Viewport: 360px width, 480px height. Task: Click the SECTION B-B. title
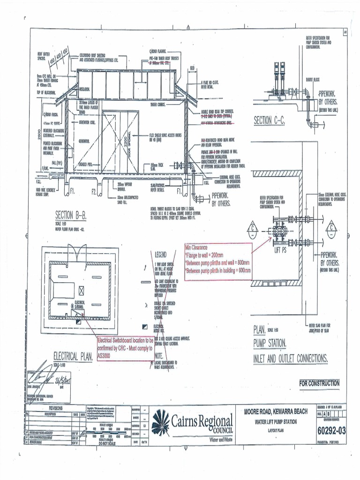(71, 215)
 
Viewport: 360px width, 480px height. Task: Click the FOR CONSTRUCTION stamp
(319, 383)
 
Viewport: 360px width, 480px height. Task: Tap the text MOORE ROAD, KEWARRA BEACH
(276, 412)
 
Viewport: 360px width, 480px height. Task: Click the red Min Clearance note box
(218, 262)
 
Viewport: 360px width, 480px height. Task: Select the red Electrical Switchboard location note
(125, 349)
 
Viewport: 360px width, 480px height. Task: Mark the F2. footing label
(94, 191)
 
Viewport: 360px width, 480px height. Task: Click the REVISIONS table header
(55, 408)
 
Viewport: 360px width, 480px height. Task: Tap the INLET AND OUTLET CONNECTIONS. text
(290, 359)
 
